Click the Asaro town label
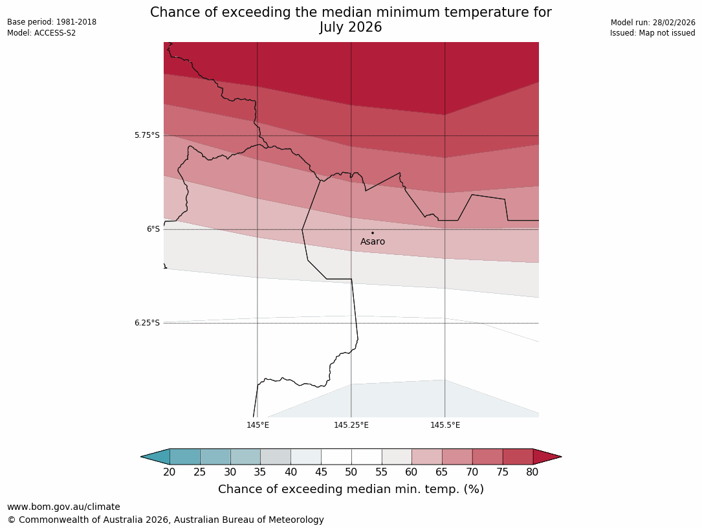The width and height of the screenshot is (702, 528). pos(373,242)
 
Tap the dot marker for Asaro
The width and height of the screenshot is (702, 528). pos(372,233)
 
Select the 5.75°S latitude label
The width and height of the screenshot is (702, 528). pos(147,135)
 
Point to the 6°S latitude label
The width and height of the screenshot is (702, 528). pos(153,229)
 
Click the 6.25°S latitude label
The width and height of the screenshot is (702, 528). pos(147,323)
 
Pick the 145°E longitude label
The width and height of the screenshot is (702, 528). pos(258,425)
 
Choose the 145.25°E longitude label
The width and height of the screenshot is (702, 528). pos(351,425)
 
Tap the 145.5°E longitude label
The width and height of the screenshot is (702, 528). pos(445,425)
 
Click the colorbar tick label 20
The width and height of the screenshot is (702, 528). pos(170,472)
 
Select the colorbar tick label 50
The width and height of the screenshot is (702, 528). pos(351,472)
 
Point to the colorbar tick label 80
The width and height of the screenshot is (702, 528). pos(532,472)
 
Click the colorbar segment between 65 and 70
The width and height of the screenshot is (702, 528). pos(457,457)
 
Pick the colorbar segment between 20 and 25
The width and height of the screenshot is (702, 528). pos(185,457)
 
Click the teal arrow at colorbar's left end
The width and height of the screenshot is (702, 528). pos(156,457)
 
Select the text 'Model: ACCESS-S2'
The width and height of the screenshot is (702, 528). pos(41,33)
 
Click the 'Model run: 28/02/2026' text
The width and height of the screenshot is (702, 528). pos(653,22)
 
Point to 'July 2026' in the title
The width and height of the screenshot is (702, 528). pos(351,27)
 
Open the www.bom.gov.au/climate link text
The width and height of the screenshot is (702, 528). pos(63,507)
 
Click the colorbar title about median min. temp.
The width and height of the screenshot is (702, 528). pos(351,489)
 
